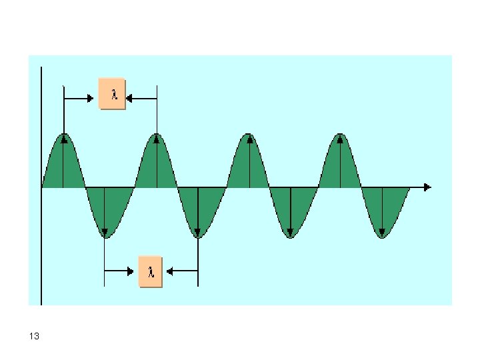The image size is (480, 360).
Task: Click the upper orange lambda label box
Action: point(111,94)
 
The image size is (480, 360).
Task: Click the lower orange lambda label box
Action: point(150,271)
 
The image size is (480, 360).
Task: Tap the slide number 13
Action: point(35,337)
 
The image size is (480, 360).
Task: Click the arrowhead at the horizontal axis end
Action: point(427,187)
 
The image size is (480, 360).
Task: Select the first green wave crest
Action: point(64,163)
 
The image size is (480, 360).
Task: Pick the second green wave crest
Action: point(156,163)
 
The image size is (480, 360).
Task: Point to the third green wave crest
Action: point(249,163)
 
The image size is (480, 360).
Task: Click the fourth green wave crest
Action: point(341,163)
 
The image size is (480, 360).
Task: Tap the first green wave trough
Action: point(105,210)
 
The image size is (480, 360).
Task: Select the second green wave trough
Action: point(197,210)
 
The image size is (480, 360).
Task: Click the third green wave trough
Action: point(290,210)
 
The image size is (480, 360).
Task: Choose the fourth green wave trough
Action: point(382,210)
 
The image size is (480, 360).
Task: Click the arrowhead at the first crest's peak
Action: point(64,139)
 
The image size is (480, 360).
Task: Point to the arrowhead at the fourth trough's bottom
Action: point(382,233)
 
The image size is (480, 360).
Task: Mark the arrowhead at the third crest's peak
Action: point(249,139)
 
